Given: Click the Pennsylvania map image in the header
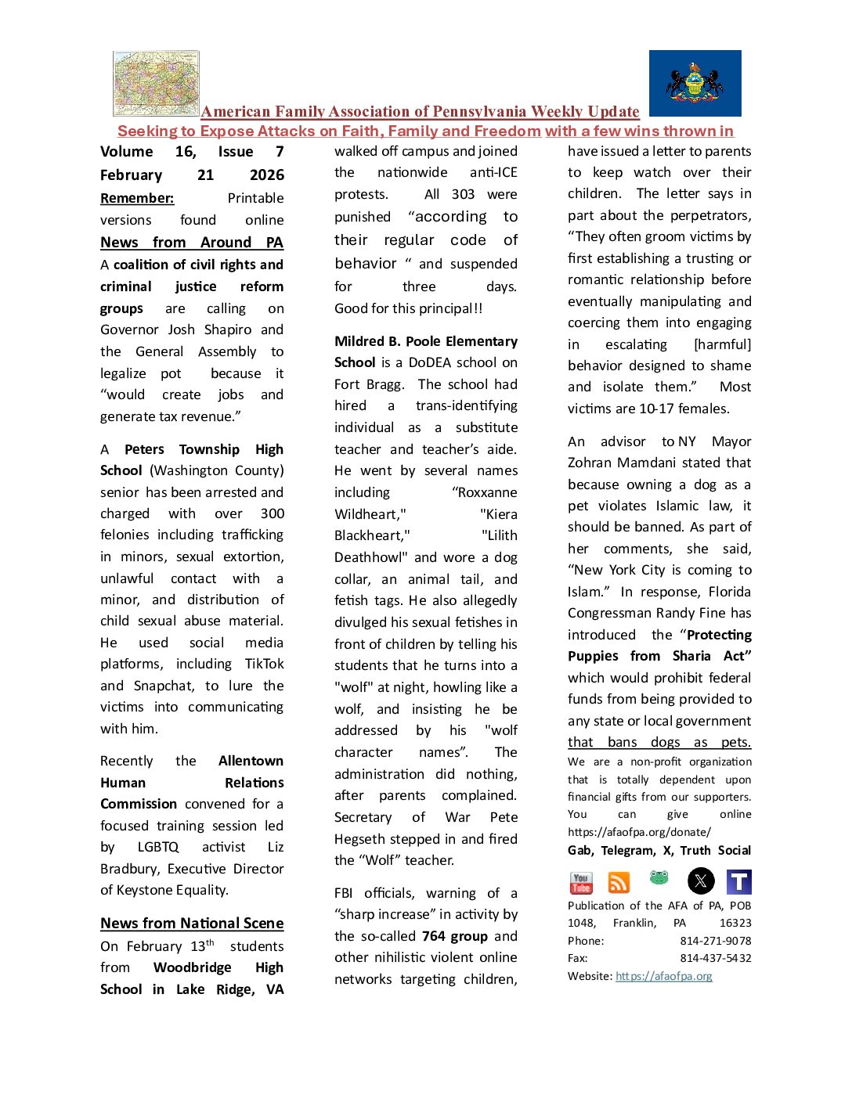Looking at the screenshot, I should tap(156, 84).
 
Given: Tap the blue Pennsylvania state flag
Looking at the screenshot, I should tap(695, 84).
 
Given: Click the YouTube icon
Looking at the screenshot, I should tap(581, 883).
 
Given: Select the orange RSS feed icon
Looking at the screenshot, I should tap(619, 883).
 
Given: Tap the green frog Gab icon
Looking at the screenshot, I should tap(659, 878).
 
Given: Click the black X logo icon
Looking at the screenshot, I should tap(701, 881).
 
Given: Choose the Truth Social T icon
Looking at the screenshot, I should tap(738, 882).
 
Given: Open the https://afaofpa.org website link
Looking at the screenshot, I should tap(664, 976).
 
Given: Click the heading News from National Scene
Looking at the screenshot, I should tap(192, 924).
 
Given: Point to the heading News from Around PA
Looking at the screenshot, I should tap(192, 243).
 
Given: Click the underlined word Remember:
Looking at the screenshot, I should tap(137, 198).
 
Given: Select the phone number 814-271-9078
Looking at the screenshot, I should tap(715, 941).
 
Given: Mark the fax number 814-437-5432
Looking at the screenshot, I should tap(715, 958).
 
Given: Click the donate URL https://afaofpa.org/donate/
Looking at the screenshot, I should tap(639, 832).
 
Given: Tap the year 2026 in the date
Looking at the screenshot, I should tap(267, 175).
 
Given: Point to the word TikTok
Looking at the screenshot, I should tap(265, 664).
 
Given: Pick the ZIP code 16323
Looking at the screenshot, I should tap(735, 923).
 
